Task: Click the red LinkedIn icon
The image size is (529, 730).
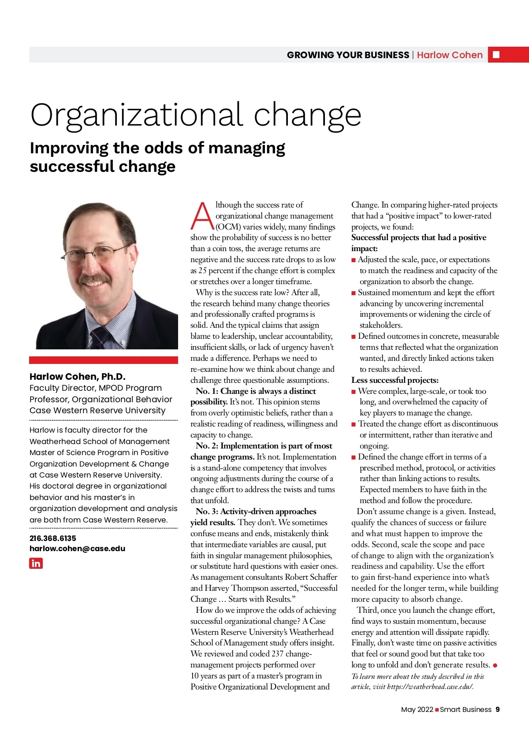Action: coord(36,563)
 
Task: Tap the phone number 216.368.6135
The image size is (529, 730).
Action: coord(52,538)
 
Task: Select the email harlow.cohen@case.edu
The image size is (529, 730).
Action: coord(77,548)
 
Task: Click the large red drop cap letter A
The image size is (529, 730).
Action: coord(202,216)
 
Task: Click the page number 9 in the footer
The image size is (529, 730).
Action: coord(498,709)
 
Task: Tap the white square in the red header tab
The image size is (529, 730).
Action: coord(496,55)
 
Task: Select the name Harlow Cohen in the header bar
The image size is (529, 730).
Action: coord(450,55)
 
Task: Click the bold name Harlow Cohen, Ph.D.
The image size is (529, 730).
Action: coord(78,377)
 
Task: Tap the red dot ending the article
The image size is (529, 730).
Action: coord(495,665)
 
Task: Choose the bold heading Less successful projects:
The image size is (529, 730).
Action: coord(395,380)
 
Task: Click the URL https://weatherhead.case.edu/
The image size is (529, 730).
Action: coord(430,687)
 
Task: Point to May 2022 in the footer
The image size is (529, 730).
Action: coord(417,709)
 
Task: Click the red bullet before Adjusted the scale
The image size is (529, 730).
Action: coord(354,260)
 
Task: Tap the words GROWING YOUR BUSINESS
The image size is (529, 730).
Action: coord(348,55)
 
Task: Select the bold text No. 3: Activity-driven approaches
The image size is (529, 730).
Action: coord(256,511)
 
